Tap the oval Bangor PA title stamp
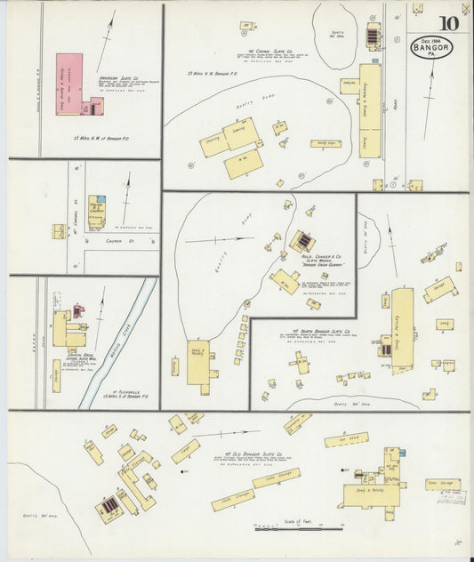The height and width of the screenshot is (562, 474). (x=431, y=48)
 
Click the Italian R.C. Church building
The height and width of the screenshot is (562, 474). (x=96, y=211)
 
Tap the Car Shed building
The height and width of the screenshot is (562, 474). (x=346, y=439)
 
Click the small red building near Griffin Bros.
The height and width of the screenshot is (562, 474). (x=78, y=311)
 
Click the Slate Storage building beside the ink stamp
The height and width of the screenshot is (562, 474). (x=443, y=484)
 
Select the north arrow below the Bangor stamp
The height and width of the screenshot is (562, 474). (x=431, y=89)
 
